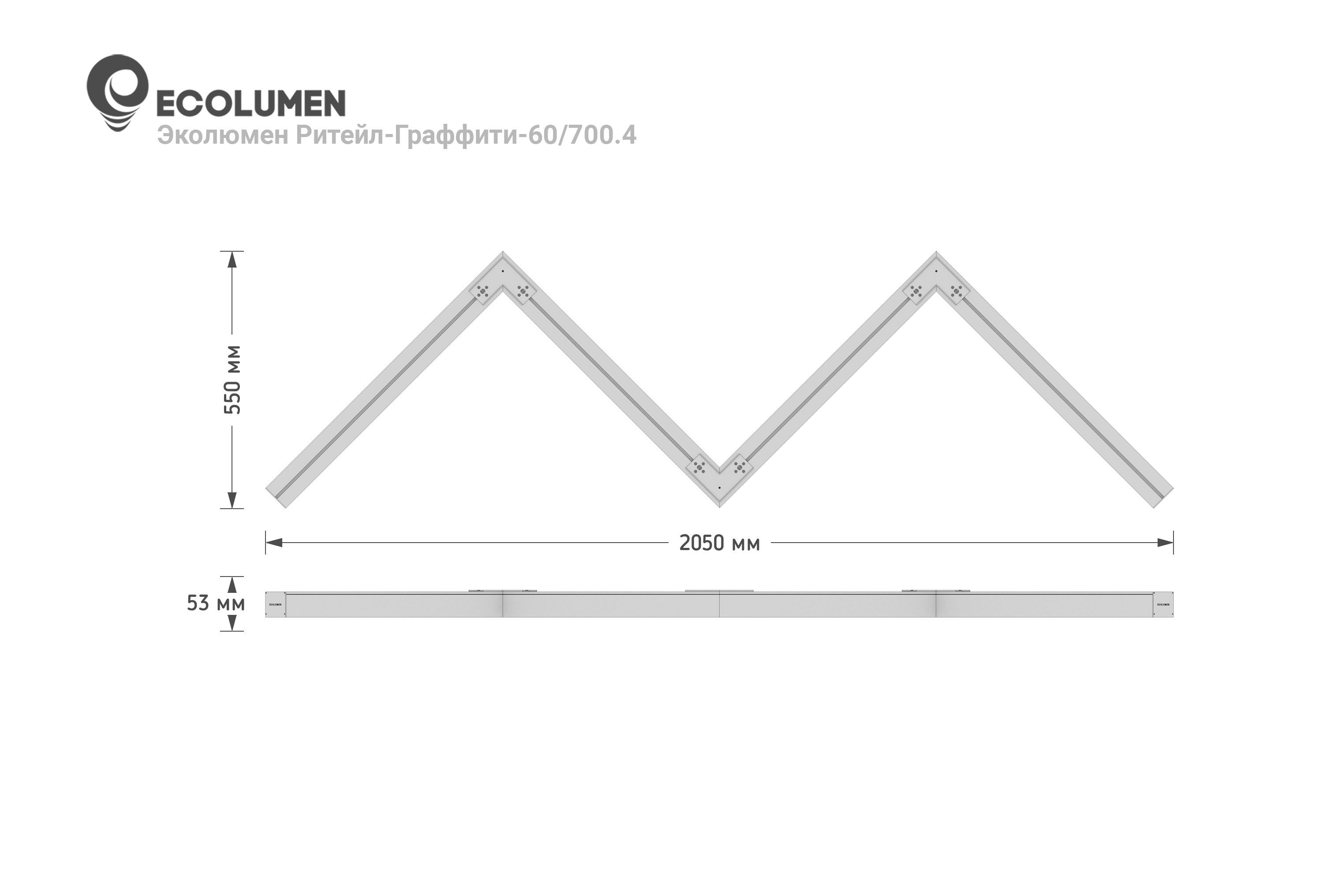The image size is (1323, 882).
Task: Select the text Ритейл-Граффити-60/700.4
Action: (x=467, y=136)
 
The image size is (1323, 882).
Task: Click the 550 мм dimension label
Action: (x=232, y=380)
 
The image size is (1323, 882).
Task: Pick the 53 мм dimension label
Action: (x=216, y=603)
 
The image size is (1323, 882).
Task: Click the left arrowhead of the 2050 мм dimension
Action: (x=273, y=543)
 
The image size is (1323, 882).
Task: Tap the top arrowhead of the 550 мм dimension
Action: (x=232, y=259)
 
